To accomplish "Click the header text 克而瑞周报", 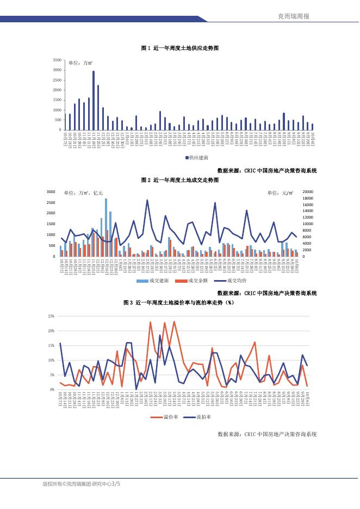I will pyautogui.click(x=293, y=16).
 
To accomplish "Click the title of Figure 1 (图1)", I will pyautogui.click(x=179, y=48).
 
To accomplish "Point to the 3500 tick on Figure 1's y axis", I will pyautogui.click(x=57, y=59).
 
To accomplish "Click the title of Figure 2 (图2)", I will pyautogui.click(x=179, y=179).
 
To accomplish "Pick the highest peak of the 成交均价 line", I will pyautogui.click(x=147, y=200).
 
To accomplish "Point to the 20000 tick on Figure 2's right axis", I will pyautogui.click(x=308, y=192).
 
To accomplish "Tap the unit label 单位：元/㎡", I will pyautogui.click(x=281, y=193).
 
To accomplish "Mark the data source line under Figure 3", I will pyautogui.click(x=266, y=434).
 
